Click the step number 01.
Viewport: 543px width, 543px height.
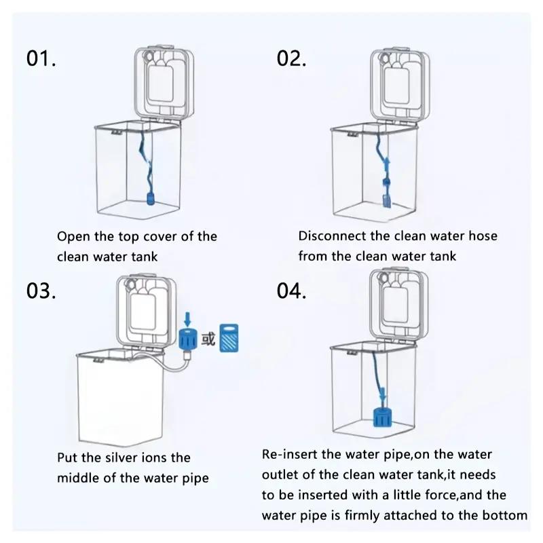(x=41, y=58)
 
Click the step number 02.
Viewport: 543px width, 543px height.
(x=292, y=58)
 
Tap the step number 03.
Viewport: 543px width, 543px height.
(x=41, y=291)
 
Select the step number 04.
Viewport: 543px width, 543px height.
(x=293, y=291)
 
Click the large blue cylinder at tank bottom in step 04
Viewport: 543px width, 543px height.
(x=384, y=416)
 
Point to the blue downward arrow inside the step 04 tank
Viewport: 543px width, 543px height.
(x=383, y=394)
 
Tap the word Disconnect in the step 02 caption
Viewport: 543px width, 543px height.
(x=331, y=236)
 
